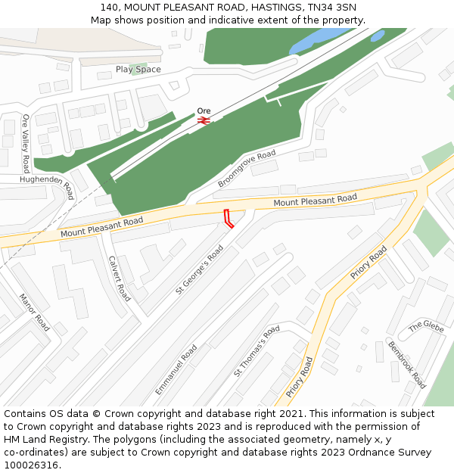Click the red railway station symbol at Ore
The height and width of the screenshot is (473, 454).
tap(203, 120)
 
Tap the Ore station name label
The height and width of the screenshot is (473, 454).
tap(204, 110)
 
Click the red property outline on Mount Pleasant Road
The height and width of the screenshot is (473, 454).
tap(228, 218)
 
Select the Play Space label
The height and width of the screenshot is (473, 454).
tap(138, 69)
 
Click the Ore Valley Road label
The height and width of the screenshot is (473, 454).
tap(26, 143)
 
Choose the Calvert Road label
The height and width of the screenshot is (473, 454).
tap(120, 278)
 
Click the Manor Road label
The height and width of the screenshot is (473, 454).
tap(34, 313)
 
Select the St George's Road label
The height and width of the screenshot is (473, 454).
tap(200, 269)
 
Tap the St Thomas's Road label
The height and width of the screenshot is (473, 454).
tap(257, 351)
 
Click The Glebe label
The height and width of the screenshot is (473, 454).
tap(426, 327)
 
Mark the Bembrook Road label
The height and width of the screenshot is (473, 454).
tap(408, 364)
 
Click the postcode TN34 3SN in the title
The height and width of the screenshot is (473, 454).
tap(331, 8)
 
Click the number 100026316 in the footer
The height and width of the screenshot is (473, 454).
tap(30, 465)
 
